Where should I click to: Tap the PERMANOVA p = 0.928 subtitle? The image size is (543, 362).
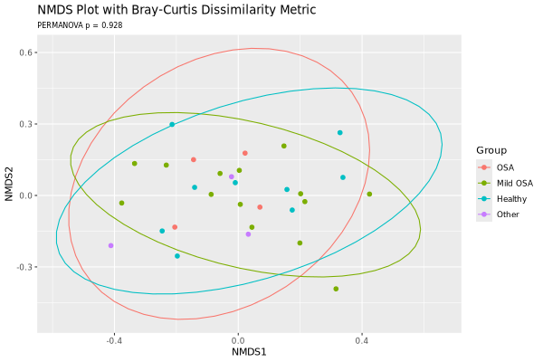click(x=80, y=25)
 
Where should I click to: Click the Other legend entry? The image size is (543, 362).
click(x=508, y=214)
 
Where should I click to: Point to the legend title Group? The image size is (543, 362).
click(x=492, y=150)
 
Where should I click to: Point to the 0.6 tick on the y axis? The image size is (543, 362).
click(x=27, y=52)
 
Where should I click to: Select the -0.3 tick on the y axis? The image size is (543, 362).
click(x=25, y=267)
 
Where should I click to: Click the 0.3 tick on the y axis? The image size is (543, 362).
click(x=27, y=124)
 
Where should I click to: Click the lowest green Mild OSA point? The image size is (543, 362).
click(x=336, y=290)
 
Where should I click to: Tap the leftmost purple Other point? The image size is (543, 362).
click(x=111, y=245)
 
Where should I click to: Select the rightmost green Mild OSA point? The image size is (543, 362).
click(x=369, y=194)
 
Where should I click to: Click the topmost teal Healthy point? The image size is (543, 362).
click(x=172, y=125)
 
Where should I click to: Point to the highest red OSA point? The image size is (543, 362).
click(x=245, y=153)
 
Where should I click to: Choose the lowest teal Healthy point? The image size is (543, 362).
click(x=177, y=256)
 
